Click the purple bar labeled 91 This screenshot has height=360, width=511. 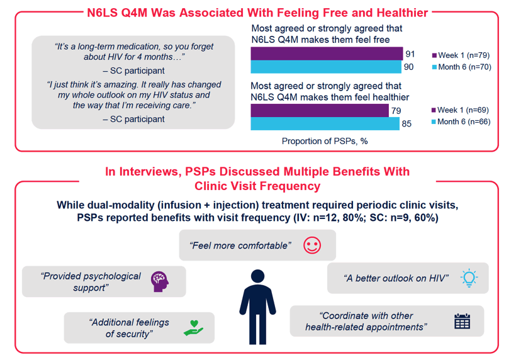click(x=327, y=53)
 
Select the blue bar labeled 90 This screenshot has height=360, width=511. click(x=326, y=67)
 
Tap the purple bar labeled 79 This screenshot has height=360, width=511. click(x=320, y=110)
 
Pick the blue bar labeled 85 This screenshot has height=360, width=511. click(x=325, y=124)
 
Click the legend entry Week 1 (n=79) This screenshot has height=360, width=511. click(x=461, y=55)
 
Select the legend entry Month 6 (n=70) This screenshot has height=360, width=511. click(x=461, y=67)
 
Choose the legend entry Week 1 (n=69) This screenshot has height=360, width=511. click(x=460, y=110)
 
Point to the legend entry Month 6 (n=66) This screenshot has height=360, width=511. click(x=461, y=121)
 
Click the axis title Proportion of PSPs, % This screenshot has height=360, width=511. click(x=325, y=141)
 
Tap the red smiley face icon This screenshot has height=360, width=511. click(x=312, y=245)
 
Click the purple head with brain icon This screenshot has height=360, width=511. click(x=160, y=281)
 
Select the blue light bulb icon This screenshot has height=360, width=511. click(x=469, y=278)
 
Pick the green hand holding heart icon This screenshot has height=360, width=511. click(x=194, y=328)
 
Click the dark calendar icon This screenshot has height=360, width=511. click(x=462, y=321)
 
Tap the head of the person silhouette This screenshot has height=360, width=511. click(x=258, y=276)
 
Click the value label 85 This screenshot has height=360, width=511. click(x=407, y=124)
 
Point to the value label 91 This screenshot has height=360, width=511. click(x=410, y=53)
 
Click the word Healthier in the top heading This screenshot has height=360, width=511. click(x=402, y=13)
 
